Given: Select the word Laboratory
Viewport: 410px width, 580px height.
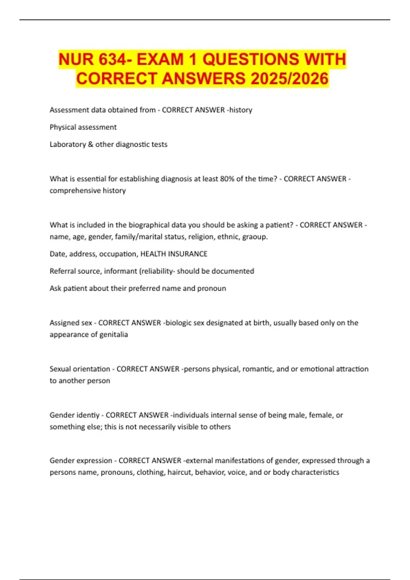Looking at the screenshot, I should coord(68,144).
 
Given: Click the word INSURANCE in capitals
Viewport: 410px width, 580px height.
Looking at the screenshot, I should coord(186,254).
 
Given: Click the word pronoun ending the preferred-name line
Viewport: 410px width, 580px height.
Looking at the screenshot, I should coord(212,288).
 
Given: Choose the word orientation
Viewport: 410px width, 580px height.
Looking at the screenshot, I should coord(94,369).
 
